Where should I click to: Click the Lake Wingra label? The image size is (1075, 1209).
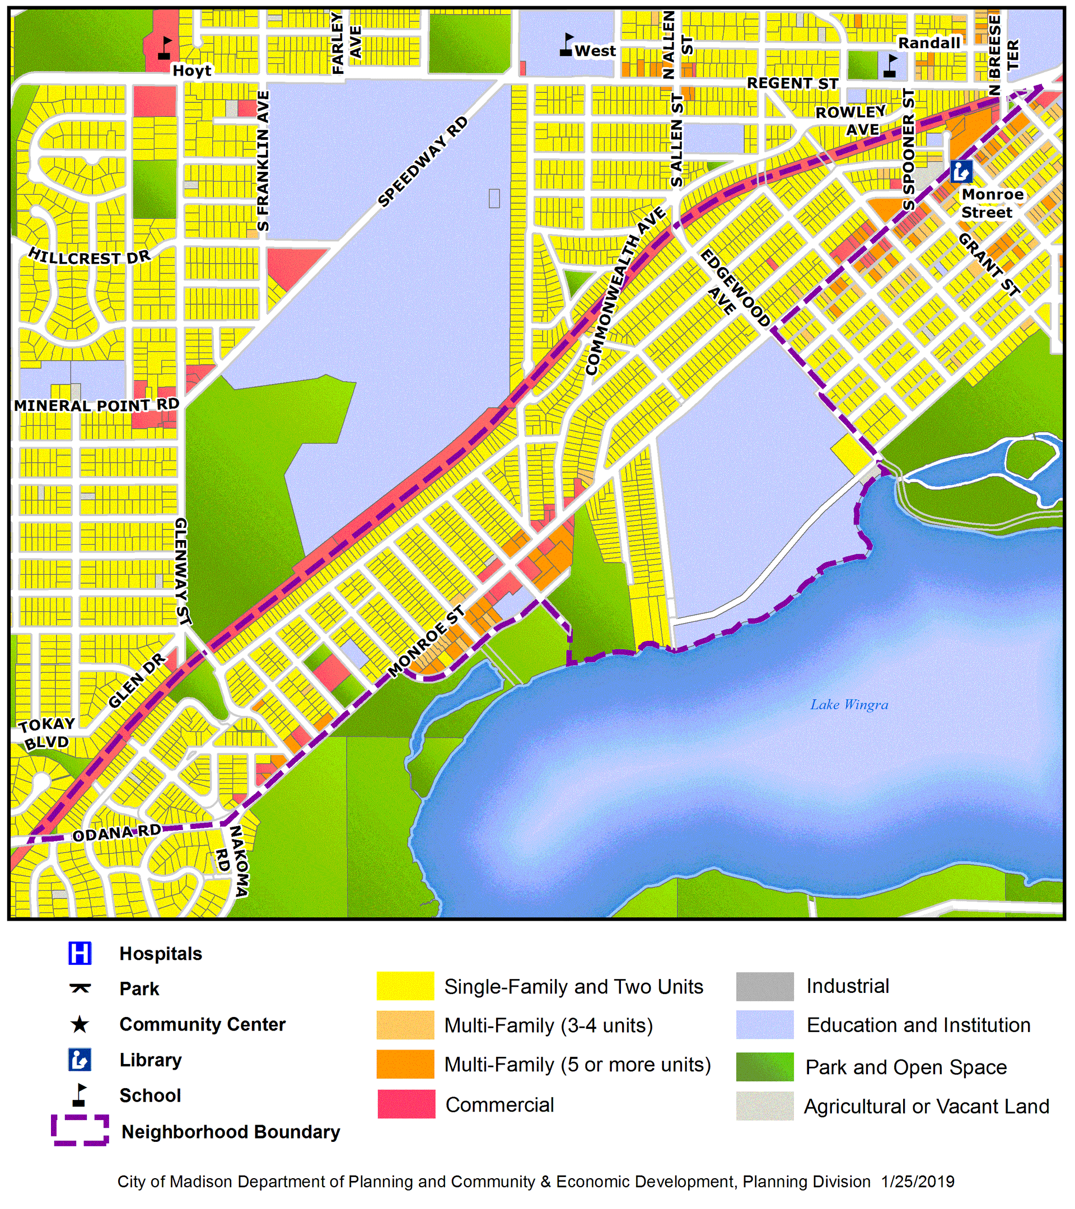[849, 705]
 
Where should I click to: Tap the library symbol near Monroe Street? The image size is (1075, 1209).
[961, 171]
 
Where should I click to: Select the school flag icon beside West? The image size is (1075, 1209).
[567, 45]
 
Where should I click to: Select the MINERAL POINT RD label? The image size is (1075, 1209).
[96, 405]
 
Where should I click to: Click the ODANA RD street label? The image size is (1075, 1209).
[116, 833]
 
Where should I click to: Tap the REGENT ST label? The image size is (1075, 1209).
[792, 83]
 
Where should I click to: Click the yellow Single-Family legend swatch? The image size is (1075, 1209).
[405, 986]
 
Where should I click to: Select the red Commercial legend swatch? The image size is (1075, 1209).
[406, 1104]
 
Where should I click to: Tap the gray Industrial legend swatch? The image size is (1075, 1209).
[764, 986]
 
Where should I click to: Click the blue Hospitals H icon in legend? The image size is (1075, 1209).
[80, 953]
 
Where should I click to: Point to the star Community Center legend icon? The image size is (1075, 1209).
[80, 1024]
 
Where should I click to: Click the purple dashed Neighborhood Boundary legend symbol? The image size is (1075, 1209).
[80, 1130]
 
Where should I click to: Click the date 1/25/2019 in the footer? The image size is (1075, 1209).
[917, 1181]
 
